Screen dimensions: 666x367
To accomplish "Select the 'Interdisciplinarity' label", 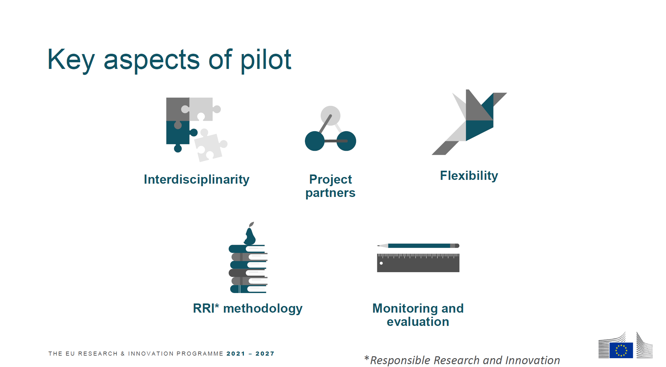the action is point(197,180).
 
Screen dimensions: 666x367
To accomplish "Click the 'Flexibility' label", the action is point(469,176).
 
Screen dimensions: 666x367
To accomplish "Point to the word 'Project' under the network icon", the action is point(330,180).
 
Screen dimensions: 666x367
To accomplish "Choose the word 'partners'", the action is point(330,193).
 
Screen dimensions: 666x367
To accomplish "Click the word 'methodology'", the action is point(263,309).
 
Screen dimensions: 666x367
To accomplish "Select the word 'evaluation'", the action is point(418,322).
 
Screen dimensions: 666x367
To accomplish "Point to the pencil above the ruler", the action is point(418,246).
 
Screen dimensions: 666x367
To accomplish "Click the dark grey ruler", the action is point(418,263).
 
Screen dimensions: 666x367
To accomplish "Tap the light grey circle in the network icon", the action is point(330,116).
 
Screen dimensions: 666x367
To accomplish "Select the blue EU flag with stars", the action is point(621,350).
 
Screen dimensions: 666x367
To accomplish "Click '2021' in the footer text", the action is point(236,354).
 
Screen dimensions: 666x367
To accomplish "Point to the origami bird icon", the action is point(469,122).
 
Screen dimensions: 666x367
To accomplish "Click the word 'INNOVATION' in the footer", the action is point(151,354).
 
